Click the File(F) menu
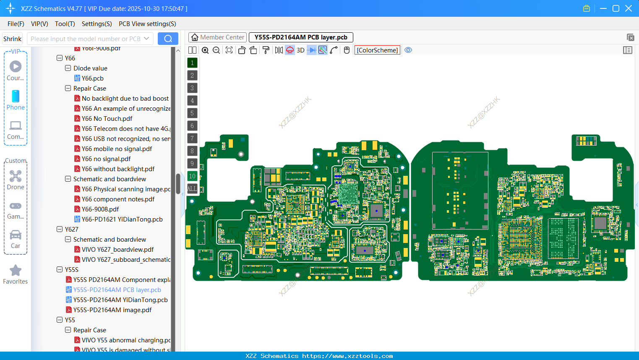tap(16, 24)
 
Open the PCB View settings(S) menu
tap(147, 24)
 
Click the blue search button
tap(168, 39)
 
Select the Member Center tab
tap(217, 37)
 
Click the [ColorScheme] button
tap(377, 50)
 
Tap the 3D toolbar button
tap(300, 50)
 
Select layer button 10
tap(192, 176)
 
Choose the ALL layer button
tap(192, 189)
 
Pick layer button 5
tap(192, 113)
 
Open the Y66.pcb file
tap(92, 78)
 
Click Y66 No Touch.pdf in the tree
tap(107, 119)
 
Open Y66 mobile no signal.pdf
tap(117, 149)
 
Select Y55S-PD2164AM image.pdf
tap(112, 310)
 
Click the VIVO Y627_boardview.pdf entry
tap(117, 250)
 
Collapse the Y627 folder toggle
tap(60, 230)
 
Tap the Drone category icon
tap(16, 176)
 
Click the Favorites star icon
tap(16, 271)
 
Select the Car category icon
tap(16, 235)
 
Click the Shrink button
tap(13, 39)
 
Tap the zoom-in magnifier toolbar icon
tap(205, 50)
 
